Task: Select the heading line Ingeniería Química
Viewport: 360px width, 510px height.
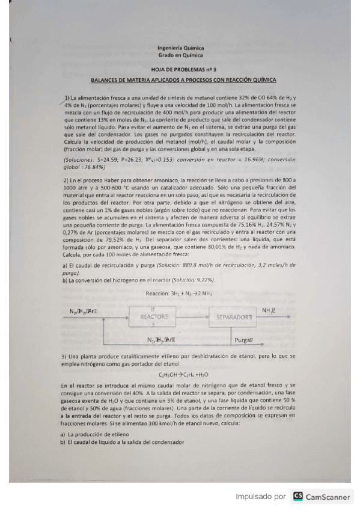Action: pos(180,48)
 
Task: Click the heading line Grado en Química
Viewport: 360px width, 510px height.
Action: pos(180,55)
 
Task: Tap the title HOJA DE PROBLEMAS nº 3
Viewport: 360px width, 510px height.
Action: pos(180,70)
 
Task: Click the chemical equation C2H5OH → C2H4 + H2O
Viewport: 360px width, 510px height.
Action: pos(180,374)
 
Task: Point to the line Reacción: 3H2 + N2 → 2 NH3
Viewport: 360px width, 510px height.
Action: pos(179,293)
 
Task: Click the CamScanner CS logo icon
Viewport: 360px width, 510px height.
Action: pos(298,497)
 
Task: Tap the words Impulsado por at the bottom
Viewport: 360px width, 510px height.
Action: pos(261,497)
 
